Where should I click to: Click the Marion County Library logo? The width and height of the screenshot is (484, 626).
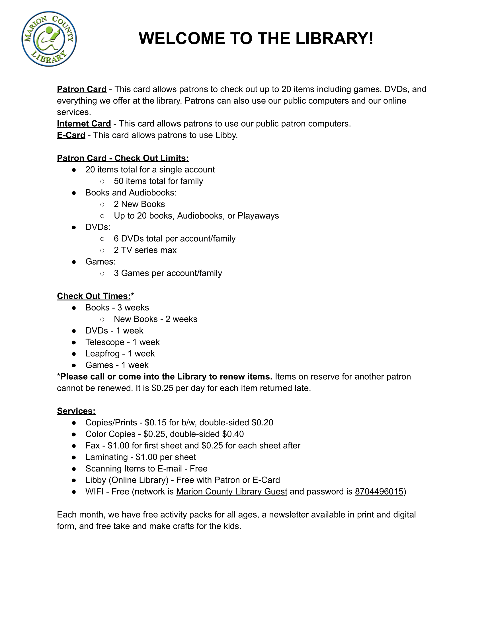pyautogui.click(x=49, y=39)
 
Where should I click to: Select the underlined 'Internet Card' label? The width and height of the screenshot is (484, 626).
pyautogui.click(x=84, y=123)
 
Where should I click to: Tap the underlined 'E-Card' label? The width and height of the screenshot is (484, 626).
pyautogui.click(x=71, y=135)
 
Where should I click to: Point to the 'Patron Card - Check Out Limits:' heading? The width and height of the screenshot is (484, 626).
pyautogui.click(x=123, y=158)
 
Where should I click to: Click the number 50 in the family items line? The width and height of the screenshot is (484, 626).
pyautogui.click(x=118, y=181)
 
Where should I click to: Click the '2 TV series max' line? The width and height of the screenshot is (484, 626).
pyautogui.click(x=145, y=250)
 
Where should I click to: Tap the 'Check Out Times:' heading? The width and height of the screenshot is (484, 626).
pyautogui.click(x=94, y=296)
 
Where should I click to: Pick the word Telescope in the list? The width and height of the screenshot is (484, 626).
pyautogui.click(x=105, y=342)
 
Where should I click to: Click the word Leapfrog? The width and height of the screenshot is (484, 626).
pyautogui.click(x=102, y=353)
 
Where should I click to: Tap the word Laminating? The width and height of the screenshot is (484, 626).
pyautogui.click(x=106, y=457)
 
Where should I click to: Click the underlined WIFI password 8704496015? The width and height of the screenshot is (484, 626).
pyautogui.click(x=379, y=491)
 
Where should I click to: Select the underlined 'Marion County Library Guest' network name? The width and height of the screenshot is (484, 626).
pyautogui.click(x=232, y=491)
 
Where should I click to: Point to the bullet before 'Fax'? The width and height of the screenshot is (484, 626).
pyautogui.click(x=74, y=446)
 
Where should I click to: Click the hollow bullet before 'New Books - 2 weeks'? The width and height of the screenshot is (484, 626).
pyautogui.click(x=102, y=319)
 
